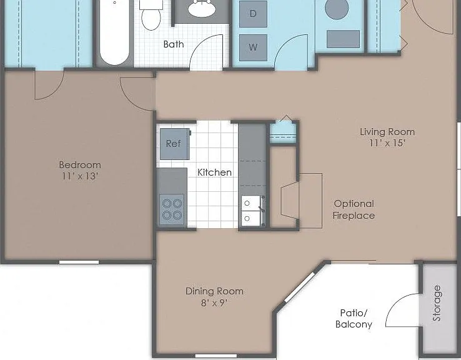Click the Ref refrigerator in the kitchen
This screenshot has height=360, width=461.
pos(175,144)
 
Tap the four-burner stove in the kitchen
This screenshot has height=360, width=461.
pos(172,209)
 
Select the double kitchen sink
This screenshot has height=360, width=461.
pos(252,211)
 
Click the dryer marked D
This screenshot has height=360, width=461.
pos(253,14)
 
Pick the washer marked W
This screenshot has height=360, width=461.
pos(253,47)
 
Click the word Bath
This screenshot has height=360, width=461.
pos(174,44)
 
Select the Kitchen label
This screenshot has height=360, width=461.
pos(214,172)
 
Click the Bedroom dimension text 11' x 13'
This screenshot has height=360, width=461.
pos(80,176)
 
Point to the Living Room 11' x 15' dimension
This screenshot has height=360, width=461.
pos(387,143)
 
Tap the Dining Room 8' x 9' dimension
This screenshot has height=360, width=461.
pos(214,302)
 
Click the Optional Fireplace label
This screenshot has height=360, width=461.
pos(354,209)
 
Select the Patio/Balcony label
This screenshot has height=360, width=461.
pos(354,319)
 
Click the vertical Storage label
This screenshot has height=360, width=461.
pos(437,303)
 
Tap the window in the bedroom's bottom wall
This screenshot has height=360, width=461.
pos(79,262)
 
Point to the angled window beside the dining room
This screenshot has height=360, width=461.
pos(299,287)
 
